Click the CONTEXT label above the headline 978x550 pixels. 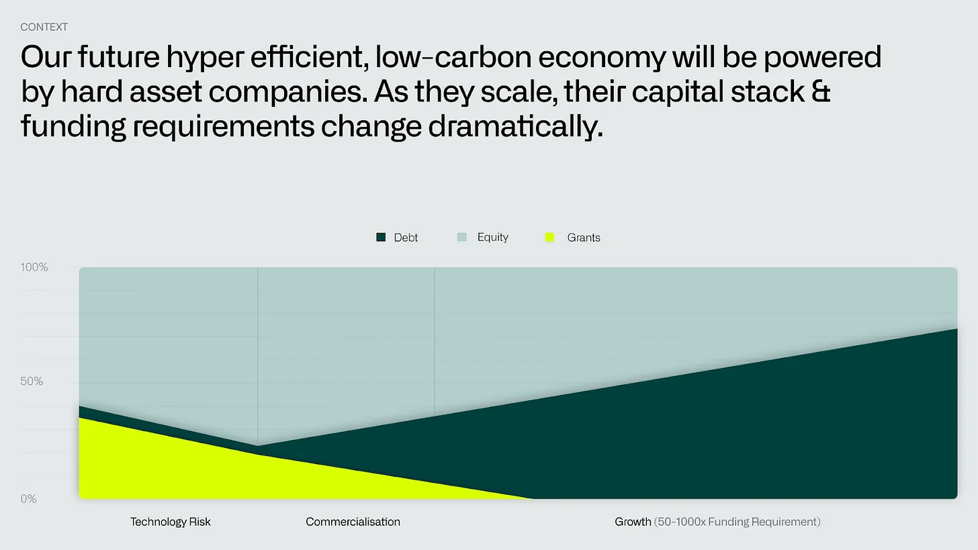coord(44,27)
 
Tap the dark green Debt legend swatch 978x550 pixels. coord(381,238)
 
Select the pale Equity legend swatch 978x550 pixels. coord(462,237)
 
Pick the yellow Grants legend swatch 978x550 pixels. coord(549,238)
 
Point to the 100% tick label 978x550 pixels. coord(34,267)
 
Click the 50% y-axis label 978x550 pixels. coord(32,381)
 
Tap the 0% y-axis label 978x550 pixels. coord(28,499)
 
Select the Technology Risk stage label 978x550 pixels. coord(171,522)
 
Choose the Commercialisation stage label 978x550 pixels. coord(353,522)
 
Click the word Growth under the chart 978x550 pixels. coord(633,522)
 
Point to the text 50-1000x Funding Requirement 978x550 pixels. coord(738,522)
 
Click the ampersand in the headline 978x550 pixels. coord(821,91)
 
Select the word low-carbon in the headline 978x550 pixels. coord(453,57)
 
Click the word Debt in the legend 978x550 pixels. coord(406,238)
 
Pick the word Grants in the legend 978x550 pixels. coord(584,238)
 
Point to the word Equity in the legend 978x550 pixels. coord(493,238)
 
